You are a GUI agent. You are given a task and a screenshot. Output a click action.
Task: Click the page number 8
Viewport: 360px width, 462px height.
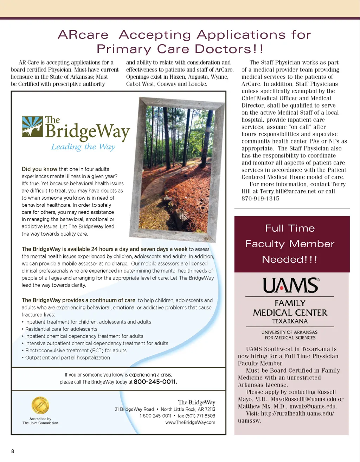13,451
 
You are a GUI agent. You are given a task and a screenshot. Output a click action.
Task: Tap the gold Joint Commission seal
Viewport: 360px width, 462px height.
40,405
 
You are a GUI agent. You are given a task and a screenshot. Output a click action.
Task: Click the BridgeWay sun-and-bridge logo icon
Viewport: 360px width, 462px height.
32,127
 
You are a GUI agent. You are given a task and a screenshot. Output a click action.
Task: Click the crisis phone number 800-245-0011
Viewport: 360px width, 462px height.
155,382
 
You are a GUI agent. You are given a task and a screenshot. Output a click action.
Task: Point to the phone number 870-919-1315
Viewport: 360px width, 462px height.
261,199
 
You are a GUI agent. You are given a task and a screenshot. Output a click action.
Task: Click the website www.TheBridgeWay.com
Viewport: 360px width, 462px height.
190,422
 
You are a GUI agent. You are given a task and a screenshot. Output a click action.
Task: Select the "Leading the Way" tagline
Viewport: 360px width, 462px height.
83,147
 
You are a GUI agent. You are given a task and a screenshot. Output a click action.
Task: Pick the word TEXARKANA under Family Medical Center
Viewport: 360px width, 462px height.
290,321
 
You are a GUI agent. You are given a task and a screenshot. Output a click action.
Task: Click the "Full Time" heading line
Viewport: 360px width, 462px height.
290,228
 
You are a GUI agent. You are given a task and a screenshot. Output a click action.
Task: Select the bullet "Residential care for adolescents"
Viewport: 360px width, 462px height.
61,329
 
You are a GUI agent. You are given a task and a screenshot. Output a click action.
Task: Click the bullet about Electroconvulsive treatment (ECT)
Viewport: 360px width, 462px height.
76,351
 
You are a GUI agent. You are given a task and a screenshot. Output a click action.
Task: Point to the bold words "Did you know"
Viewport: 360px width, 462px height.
39,169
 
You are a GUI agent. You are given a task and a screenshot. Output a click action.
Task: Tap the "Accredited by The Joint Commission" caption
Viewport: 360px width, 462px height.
40,421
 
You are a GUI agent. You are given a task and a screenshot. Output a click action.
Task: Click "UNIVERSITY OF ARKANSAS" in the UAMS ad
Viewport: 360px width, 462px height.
289,332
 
